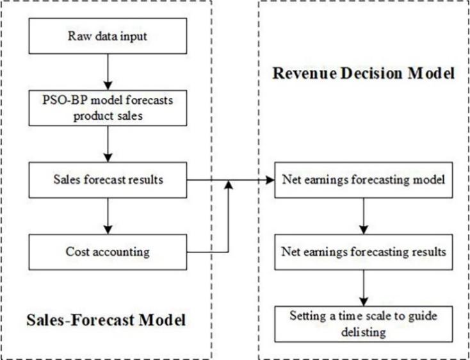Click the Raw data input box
click(x=108, y=36)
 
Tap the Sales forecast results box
click(x=108, y=179)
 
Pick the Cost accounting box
click(x=108, y=252)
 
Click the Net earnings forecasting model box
click(x=364, y=179)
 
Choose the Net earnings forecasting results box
click(x=364, y=252)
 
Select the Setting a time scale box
click(x=364, y=323)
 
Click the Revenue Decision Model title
click(x=364, y=74)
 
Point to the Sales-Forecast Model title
click(x=106, y=319)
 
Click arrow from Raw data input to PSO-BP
click(x=108, y=72)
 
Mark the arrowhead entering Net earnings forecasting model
click(x=270, y=180)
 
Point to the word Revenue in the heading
click(x=302, y=74)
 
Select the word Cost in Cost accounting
click(x=78, y=252)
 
